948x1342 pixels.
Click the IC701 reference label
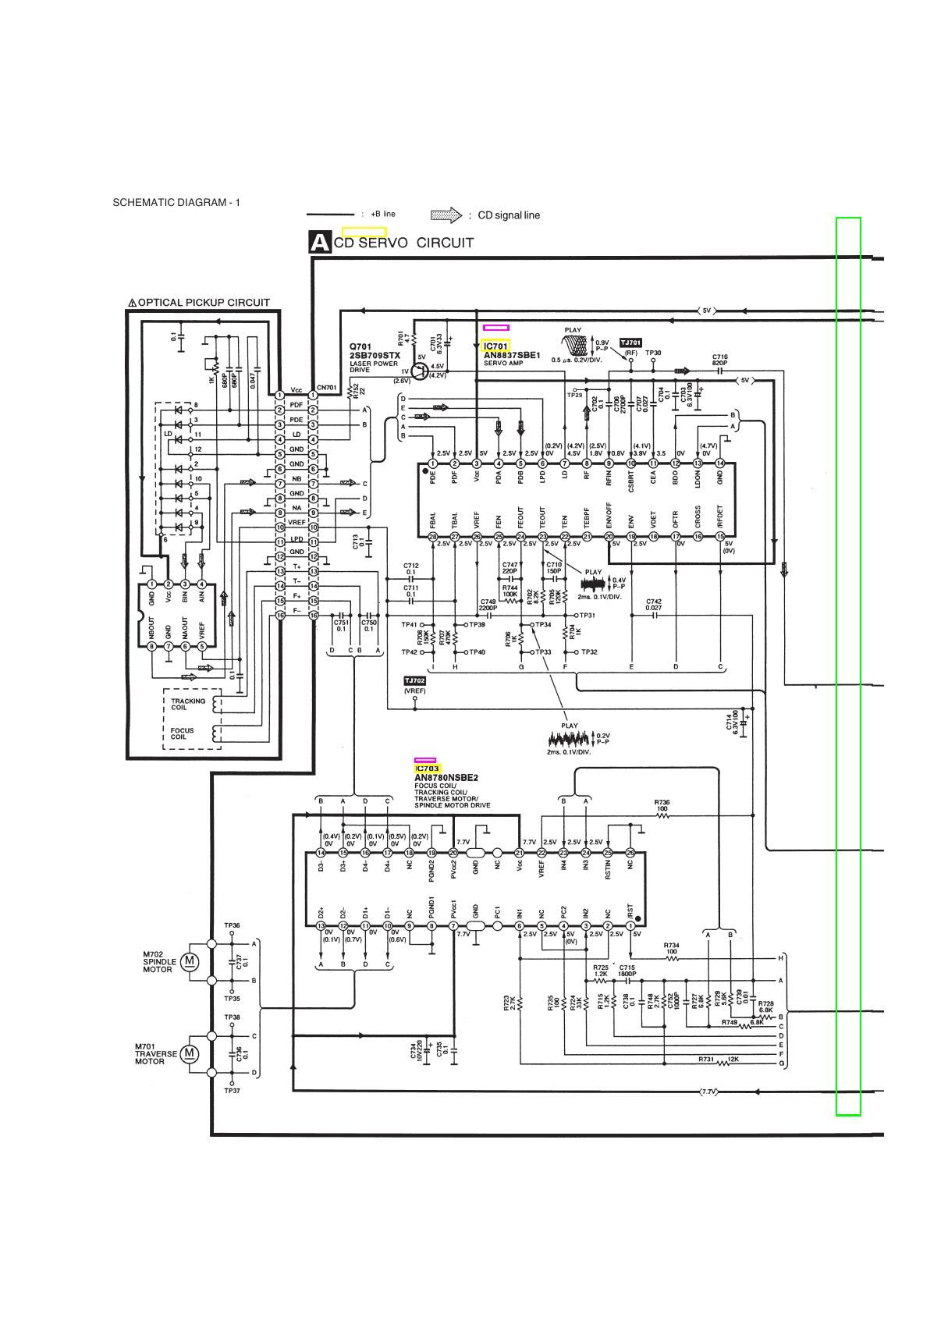pyautogui.click(x=496, y=346)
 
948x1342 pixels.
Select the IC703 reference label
pyautogui.click(x=428, y=769)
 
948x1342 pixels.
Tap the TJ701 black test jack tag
pyautogui.click(x=630, y=343)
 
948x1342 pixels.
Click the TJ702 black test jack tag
pyautogui.click(x=414, y=680)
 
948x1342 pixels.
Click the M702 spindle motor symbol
pyautogui.click(x=189, y=961)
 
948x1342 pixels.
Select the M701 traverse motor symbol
pyautogui.click(x=189, y=1054)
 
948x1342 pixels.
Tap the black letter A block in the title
pyautogui.click(x=320, y=242)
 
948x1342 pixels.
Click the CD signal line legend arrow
pyautogui.click(x=446, y=215)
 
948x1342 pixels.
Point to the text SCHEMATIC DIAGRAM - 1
pyautogui.click(x=176, y=203)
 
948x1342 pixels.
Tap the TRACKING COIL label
pyautogui.click(x=188, y=704)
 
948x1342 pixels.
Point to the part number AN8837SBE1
pyautogui.click(x=511, y=355)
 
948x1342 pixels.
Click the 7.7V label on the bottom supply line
pyautogui.click(x=708, y=1091)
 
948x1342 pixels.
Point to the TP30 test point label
pyautogui.click(x=653, y=353)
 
